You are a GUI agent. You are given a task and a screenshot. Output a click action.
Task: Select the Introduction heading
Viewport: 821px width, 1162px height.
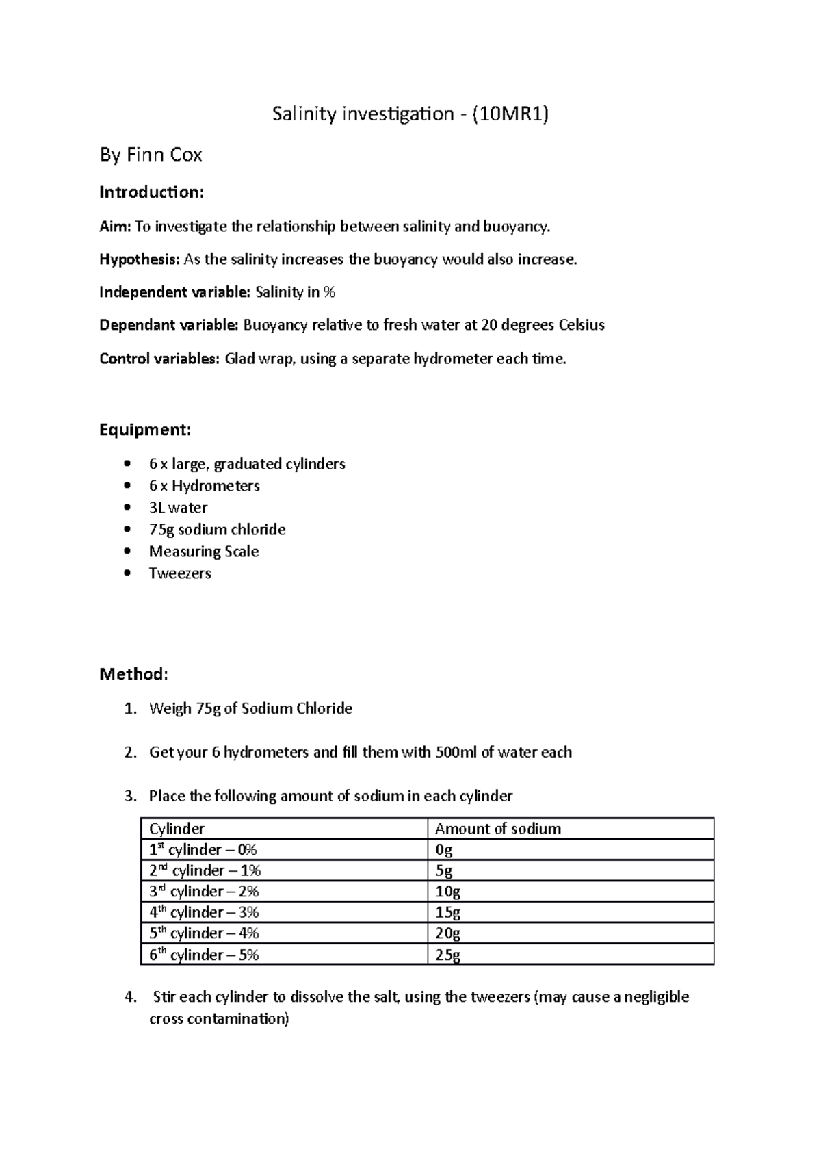point(151,192)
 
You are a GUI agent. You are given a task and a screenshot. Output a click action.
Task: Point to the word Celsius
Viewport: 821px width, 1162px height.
point(582,325)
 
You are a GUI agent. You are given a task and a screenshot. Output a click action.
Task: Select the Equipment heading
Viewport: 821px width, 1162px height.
point(144,430)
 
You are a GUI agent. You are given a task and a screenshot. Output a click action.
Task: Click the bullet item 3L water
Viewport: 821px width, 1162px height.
point(178,508)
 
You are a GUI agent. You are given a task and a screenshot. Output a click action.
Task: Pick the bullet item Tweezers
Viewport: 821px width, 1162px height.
point(180,573)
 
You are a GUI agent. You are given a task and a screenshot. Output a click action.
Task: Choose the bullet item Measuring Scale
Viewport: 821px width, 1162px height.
point(204,552)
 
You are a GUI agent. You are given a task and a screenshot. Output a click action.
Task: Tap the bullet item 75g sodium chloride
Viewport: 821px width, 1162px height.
point(217,530)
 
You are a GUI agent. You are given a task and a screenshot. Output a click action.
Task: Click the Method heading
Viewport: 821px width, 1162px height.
point(133,675)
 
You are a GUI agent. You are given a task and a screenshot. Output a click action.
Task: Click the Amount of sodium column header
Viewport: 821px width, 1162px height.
point(497,829)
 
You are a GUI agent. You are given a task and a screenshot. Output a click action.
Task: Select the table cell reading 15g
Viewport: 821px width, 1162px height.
point(447,912)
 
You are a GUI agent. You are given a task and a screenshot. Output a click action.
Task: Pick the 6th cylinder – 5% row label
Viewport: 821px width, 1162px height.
point(204,955)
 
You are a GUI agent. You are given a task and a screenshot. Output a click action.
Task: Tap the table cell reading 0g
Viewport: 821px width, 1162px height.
point(443,850)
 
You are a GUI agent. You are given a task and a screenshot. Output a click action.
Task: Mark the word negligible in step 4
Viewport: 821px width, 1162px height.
point(657,997)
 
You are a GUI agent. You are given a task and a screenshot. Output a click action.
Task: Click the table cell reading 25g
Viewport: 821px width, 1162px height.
point(447,955)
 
